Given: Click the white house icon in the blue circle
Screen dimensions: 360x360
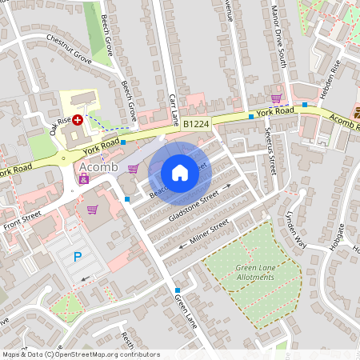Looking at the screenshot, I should (x=180, y=172).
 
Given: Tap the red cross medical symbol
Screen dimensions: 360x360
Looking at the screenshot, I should (x=78, y=120).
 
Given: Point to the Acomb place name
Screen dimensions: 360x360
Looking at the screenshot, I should (x=99, y=166).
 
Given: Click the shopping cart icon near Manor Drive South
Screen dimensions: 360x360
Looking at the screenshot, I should (x=276, y=98).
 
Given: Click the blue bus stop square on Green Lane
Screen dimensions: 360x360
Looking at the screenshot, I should (x=178, y=290).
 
